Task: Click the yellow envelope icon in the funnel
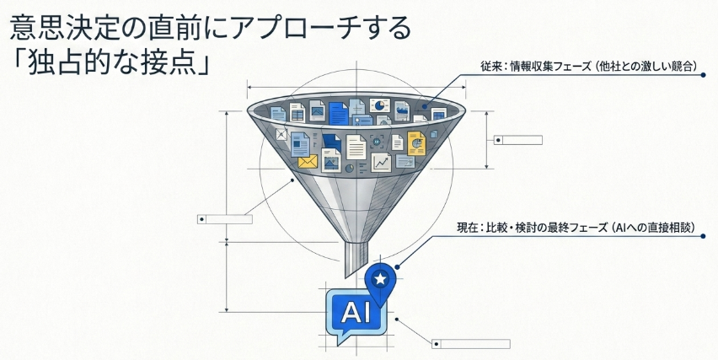[x=308, y=161]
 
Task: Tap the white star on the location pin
[x=379, y=277]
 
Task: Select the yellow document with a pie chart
[x=416, y=143]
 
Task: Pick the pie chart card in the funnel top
[x=379, y=105]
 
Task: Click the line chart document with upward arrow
[x=381, y=162]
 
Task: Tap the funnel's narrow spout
[x=356, y=258]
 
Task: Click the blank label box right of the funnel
[x=518, y=140]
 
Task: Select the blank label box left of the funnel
[x=225, y=219]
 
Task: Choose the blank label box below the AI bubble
[x=471, y=344]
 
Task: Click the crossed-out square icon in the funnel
[x=281, y=134]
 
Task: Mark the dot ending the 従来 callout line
[x=704, y=75]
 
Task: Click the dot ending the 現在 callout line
[x=704, y=236]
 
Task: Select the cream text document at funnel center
[x=356, y=147]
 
